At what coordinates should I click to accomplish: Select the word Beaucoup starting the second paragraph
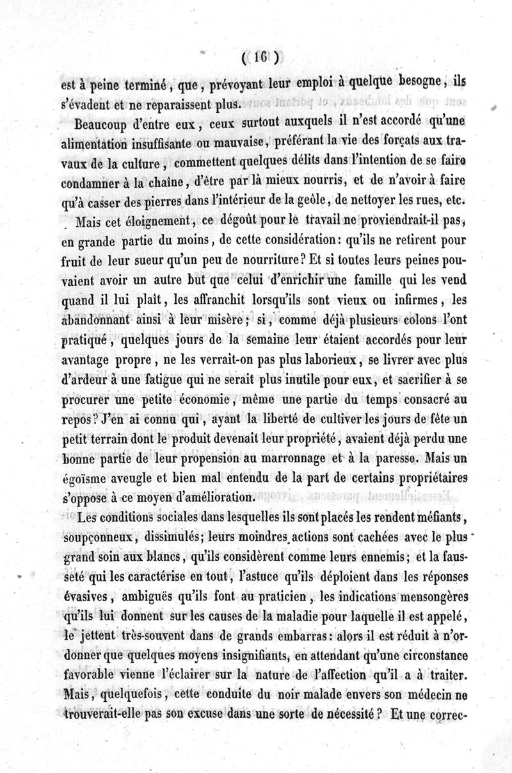click(x=102, y=124)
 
